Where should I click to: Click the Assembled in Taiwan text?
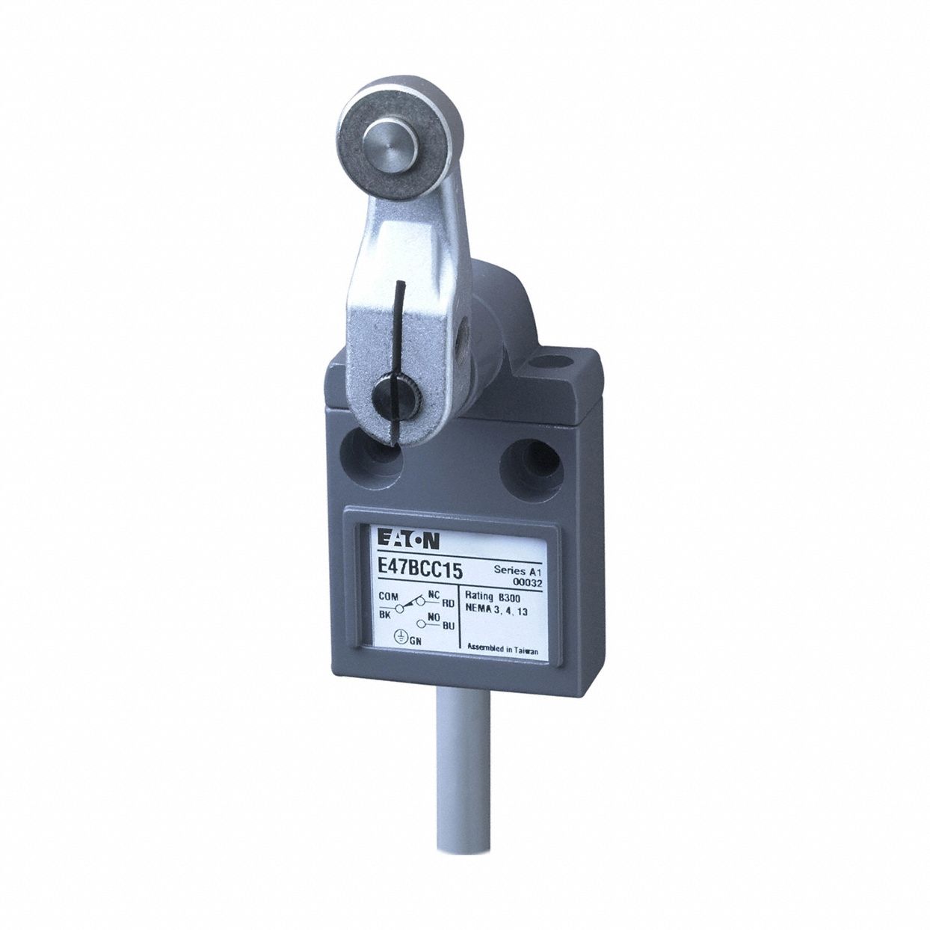point(502,649)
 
